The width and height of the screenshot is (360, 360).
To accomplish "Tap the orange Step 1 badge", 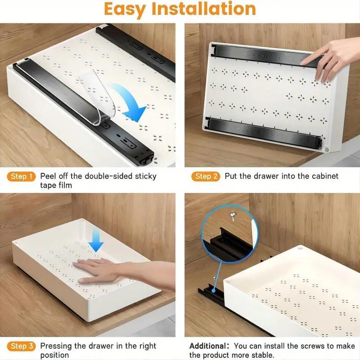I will coord(21,176).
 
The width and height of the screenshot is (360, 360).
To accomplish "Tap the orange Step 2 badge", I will coord(206,176).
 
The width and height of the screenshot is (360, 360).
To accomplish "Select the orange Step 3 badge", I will coord(21,346).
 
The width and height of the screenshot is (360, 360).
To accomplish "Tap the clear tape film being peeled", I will coord(97,94).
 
